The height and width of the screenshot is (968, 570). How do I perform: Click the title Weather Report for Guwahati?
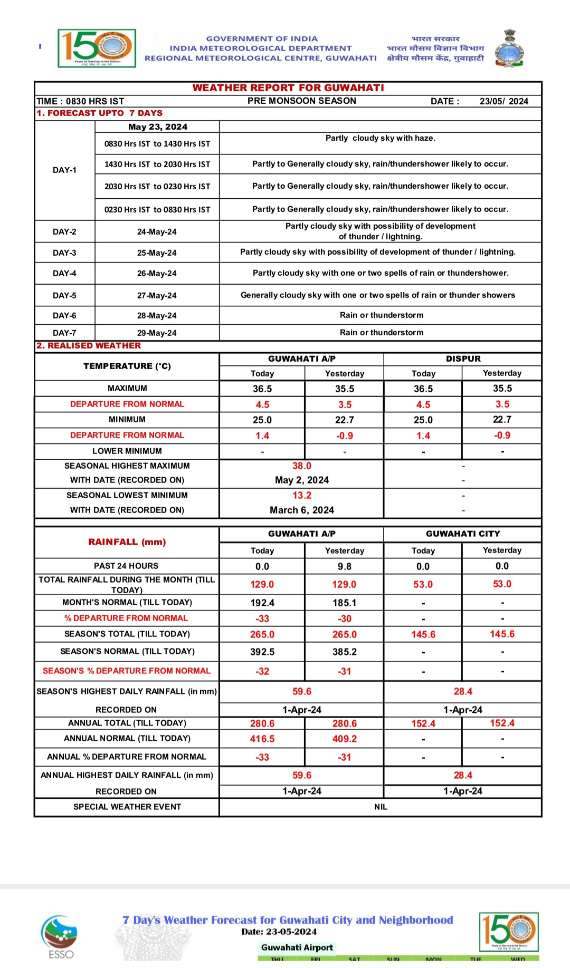pos(288,88)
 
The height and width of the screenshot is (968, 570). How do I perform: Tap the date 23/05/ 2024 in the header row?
pos(503,101)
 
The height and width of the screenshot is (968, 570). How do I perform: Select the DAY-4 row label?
pos(64,274)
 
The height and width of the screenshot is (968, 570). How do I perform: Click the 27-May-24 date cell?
pos(157,296)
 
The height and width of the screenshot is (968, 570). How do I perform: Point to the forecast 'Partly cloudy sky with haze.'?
pos(380,138)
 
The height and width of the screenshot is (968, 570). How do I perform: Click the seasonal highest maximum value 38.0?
pos(302,466)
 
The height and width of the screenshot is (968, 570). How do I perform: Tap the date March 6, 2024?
pos(302,510)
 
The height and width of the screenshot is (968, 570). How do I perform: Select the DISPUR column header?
pos(463,359)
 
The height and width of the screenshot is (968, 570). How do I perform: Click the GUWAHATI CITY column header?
pos(463,534)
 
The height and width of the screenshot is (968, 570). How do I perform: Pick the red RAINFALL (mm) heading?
pos(127,542)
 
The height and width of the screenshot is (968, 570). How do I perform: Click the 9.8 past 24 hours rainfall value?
pos(345,567)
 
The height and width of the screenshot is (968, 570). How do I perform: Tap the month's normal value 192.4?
pos(262,603)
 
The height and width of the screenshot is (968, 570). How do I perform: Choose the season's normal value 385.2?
pos(345,652)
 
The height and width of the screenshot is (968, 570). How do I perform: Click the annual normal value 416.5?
pos(262,739)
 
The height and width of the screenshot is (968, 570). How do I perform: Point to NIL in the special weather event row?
pos(381,807)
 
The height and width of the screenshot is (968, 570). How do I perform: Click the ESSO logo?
pos(60,937)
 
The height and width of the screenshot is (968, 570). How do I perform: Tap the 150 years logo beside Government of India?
pos(97,48)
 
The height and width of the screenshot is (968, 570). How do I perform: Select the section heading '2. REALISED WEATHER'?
pos(89,346)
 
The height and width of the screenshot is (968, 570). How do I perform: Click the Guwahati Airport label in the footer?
pos(297,947)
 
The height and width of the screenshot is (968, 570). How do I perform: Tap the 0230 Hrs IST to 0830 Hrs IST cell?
pos(157,210)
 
